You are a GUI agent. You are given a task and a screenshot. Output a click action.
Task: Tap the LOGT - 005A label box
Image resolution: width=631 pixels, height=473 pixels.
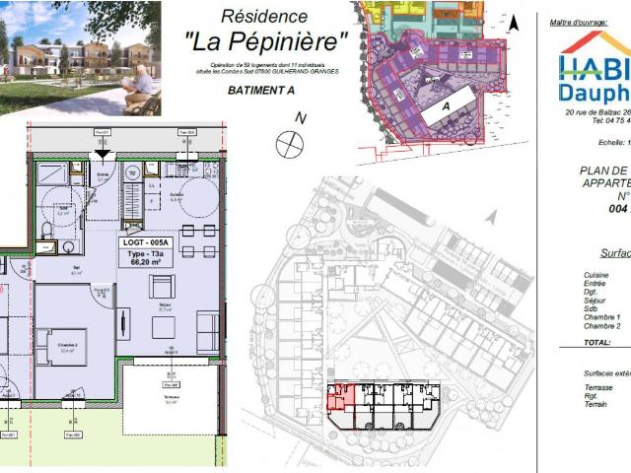click(145, 241)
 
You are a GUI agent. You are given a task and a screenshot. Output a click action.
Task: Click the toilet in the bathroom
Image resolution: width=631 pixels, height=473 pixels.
click(46, 233)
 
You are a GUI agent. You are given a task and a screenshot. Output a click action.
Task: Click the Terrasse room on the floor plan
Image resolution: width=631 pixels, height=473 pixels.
click(170, 399)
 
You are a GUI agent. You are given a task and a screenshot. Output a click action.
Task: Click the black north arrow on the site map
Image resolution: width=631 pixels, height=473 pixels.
click(514, 21)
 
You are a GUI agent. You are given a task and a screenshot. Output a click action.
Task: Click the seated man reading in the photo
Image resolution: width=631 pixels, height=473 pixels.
click(140, 87)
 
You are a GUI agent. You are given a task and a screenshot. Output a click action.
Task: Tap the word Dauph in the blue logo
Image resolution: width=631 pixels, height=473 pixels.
click(595, 92)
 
